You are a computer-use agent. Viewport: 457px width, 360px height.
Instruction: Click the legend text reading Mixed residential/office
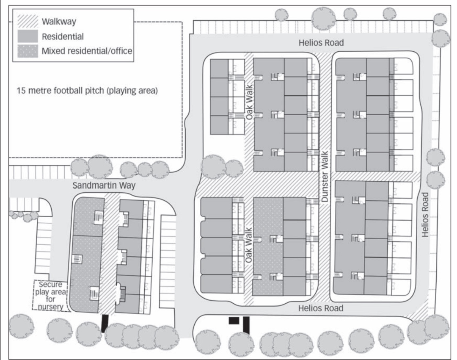click(x=87, y=51)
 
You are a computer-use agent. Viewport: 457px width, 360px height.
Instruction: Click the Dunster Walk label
click(x=325, y=177)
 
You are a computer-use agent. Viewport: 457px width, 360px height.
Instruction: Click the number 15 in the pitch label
click(x=20, y=91)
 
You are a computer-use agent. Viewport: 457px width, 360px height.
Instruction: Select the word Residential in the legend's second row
click(x=63, y=36)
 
